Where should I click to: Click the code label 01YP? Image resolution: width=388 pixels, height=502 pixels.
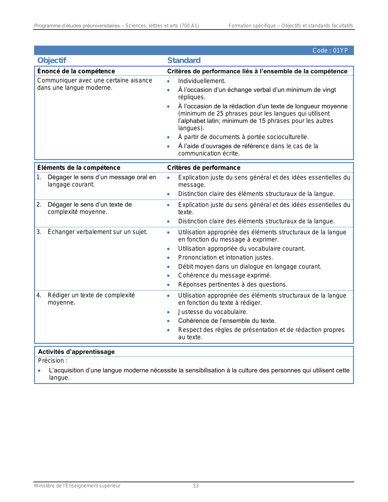tap(330, 51)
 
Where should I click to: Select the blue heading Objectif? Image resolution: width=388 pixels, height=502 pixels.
tap(52, 61)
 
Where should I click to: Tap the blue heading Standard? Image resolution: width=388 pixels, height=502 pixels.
tap(184, 61)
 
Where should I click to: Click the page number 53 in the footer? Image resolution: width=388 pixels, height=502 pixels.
tap(196, 486)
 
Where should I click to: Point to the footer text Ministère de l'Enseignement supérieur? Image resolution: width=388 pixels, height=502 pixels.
tap(77, 486)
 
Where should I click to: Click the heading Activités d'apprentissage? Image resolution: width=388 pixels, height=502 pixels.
tap(76, 352)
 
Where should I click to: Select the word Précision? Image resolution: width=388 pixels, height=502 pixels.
tap(51, 361)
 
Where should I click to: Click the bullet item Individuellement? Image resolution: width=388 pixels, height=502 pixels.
tap(202, 81)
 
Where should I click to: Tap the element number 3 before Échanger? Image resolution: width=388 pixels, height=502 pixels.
tap(39, 232)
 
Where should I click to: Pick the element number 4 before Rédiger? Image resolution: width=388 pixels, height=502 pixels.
tap(39, 295)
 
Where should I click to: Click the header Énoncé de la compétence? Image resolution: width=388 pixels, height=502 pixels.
tap(76, 71)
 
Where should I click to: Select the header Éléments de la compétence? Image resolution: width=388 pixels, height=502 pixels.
tap(79, 168)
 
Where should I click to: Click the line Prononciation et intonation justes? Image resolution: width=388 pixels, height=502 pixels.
tap(225, 258)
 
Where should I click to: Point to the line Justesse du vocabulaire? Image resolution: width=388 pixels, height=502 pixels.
tap(213, 312)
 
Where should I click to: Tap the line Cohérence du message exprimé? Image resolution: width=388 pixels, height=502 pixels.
tap(225, 276)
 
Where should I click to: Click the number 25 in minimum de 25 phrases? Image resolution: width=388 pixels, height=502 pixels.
tap(220, 114)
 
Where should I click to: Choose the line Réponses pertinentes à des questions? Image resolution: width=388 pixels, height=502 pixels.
tap(233, 285)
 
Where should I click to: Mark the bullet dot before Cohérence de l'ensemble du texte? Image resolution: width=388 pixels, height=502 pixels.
tap(168, 321)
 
